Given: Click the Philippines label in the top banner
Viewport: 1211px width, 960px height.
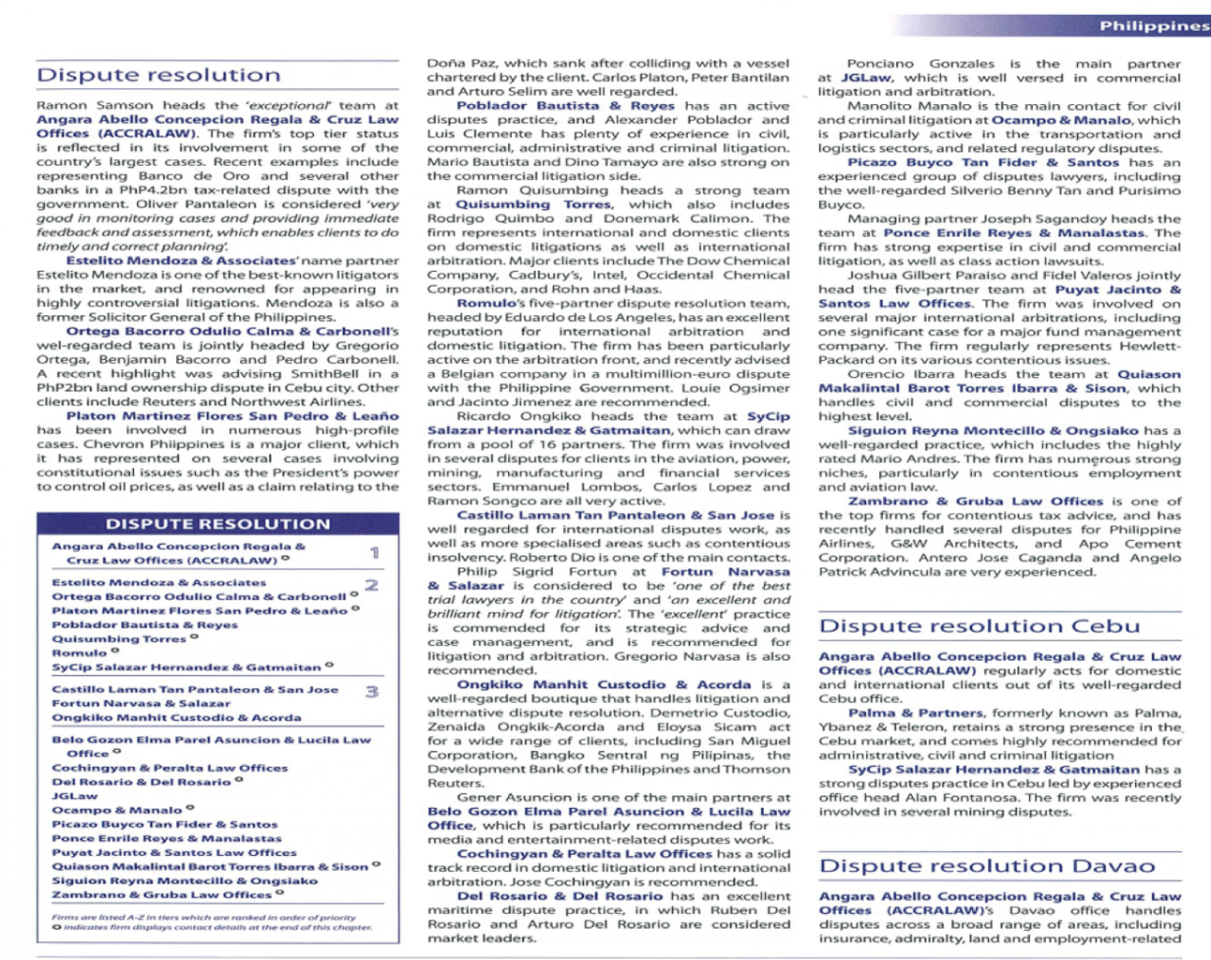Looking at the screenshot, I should [x=1153, y=25].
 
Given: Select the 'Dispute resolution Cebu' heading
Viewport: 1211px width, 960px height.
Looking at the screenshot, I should [x=979, y=626].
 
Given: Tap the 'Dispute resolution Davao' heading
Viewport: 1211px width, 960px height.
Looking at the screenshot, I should [x=986, y=866].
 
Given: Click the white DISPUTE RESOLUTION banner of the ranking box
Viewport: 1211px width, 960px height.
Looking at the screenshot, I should [x=217, y=524].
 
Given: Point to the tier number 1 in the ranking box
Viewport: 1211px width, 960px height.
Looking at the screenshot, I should [x=374, y=553].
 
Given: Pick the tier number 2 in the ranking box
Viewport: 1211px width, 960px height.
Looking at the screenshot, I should [x=372, y=585].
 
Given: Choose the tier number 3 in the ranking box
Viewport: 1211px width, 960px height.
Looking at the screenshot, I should [x=372, y=692].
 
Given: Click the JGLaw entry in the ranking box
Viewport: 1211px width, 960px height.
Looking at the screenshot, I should [x=74, y=796].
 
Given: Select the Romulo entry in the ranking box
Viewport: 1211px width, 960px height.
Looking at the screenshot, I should [x=80, y=652].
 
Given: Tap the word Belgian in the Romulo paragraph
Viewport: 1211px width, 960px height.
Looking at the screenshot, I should [x=470, y=374].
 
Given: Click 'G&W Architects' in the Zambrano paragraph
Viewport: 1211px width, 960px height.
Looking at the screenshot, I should [x=941, y=544].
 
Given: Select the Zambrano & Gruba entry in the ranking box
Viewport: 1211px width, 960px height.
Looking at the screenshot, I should [x=161, y=894].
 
